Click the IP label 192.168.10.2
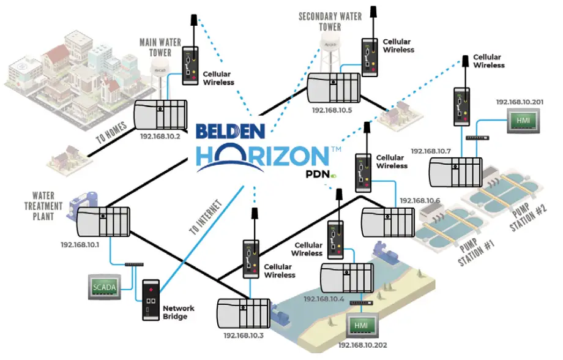[160, 137]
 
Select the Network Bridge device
[151, 300]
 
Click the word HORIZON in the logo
[263, 156]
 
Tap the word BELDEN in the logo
[231, 132]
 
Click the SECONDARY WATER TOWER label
[330, 21]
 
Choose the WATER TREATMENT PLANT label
[44, 207]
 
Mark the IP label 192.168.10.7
[430, 151]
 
